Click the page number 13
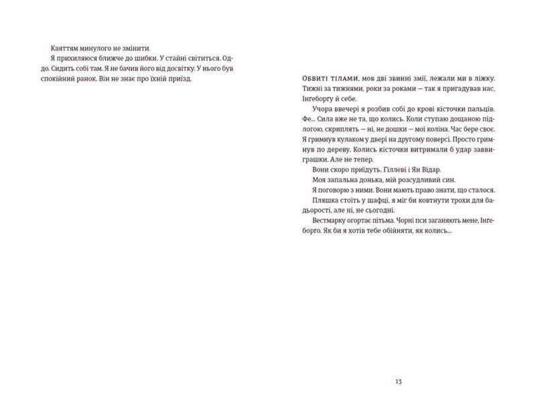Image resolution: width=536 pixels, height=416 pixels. click(x=399, y=381)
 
